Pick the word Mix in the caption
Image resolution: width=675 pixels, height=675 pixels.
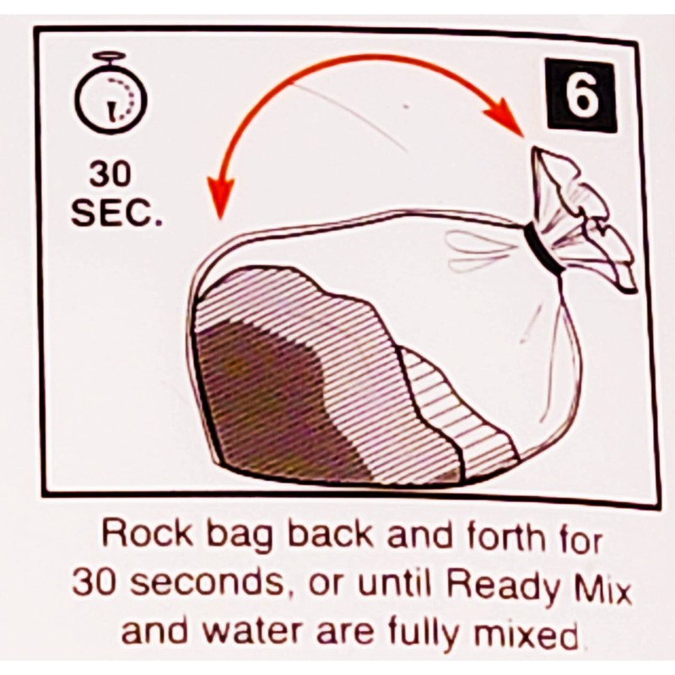tap(600, 581)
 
